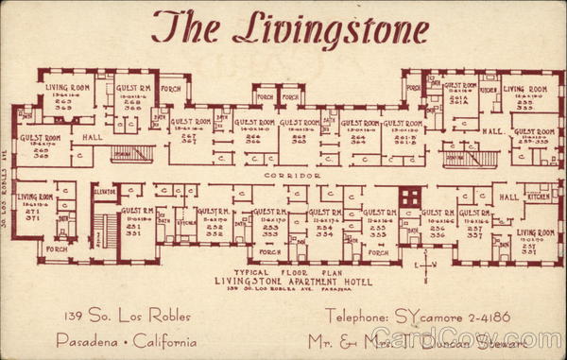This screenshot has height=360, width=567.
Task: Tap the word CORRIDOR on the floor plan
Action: click(287, 176)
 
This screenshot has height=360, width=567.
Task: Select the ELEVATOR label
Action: click(105, 192)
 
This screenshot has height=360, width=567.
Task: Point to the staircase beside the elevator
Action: click(103, 228)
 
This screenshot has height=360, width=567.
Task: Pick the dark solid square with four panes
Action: click(408, 197)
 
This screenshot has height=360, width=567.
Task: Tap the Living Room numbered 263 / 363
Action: click(66, 98)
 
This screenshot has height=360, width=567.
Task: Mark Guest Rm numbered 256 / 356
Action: click(438, 224)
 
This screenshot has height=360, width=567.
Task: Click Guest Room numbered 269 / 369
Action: click(42, 146)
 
